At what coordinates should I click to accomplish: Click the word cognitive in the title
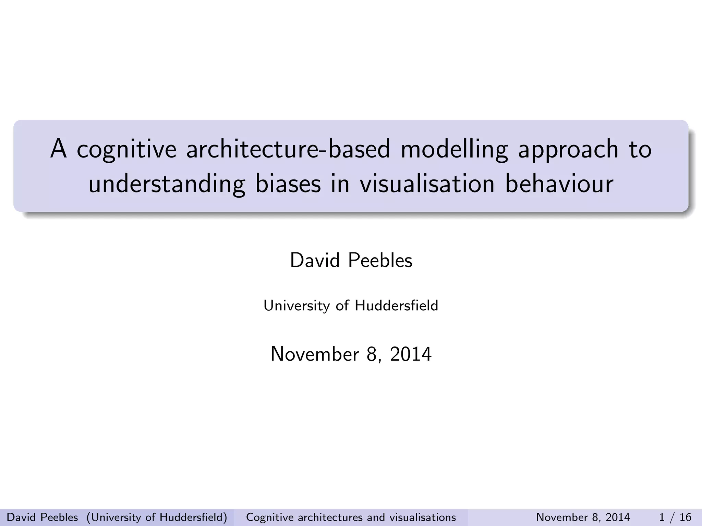pyautogui.click(x=126, y=150)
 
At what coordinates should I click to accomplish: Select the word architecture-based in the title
pyautogui.click(x=288, y=150)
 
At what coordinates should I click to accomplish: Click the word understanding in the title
pyautogui.click(x=167, y=184)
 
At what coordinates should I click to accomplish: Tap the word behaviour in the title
pyautogui.click(x=559, y=184)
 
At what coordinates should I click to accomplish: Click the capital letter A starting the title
pyautogui.click(x=58, y=149)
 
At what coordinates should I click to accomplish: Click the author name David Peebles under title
pyautogui.click(x=351, y=261)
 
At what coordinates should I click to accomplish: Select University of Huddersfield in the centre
pyautogui.click(x=351, y=305)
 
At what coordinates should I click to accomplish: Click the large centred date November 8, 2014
pyautogui.click(x=351, y=354)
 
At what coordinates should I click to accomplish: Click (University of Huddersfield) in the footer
pyautogui.click(x=157, y=517)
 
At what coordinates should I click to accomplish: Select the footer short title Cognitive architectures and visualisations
pyautogui.click(x=351, y=517)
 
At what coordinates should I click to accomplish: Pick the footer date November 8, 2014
pyautogui.click(x=583, y=517)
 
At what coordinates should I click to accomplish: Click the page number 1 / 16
pyautogui.click(x=675, y=517)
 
